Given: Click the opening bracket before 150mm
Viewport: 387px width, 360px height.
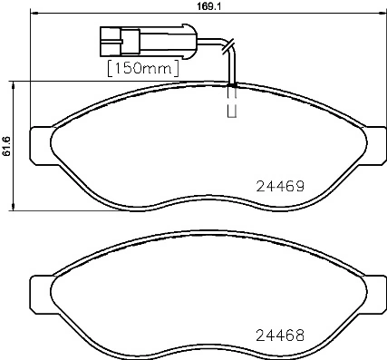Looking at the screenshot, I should (111, 68).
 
